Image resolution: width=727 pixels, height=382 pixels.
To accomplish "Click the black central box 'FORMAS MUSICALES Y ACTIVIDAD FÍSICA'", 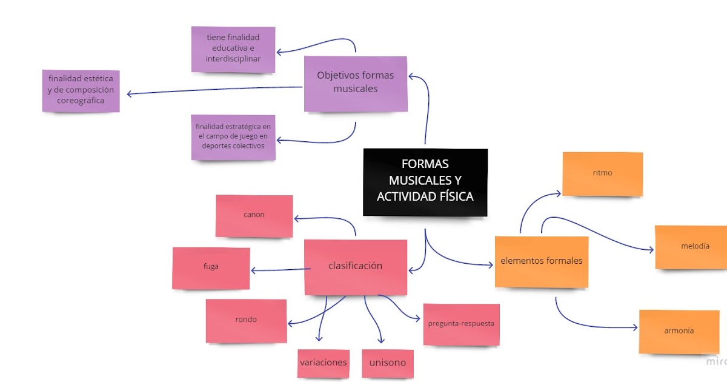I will pyautogui.click(x=425, y=182).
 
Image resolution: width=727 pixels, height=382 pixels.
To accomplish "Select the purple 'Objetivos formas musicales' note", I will pyautogui.click(x=355, y=84).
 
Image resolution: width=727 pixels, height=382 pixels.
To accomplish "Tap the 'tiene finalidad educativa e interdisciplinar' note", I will pyautogui.click(x=233, y=49).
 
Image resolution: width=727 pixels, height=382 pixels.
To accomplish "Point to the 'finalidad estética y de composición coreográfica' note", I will pyautogui.click(x=81, y=91).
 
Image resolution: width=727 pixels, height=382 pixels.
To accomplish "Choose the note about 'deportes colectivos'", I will pyautogui.click(x=233, y=137).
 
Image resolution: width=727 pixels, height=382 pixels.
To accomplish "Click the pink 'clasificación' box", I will pyautogui.click(x=356, y=266).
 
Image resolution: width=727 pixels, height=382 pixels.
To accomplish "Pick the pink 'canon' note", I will pyautogui.click(x=254, y=215).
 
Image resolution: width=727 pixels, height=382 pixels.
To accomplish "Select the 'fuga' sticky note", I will pyautogui.click(x=211, y=267).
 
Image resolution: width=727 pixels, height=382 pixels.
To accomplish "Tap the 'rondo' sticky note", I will pyautogui.click(x=246, y=320).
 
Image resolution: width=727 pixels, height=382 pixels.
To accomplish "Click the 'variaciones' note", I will pyautogui.click(x=324, y=363).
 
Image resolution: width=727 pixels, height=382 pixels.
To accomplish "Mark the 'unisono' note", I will pyautogui.click(x=388, y=363).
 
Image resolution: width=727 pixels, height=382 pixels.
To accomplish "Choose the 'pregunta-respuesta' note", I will pyautogui.click(x=461, y=324).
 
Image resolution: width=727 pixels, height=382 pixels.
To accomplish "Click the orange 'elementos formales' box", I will pyautogui.click(x=541, y=261).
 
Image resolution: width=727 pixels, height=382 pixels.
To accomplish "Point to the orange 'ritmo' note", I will pyautogui.click(x=602, y=173).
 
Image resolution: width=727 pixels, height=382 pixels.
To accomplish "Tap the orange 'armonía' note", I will pyautogui.click(x=679, y=331).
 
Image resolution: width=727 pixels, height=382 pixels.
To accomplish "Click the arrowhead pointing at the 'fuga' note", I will pyautogui.click(x=253, y=270).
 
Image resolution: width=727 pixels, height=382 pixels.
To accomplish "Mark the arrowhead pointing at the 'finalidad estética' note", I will pyautogui.click(x=130, y=93).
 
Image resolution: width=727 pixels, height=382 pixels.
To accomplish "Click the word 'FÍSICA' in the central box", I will pyautogui.click(x=454, y=196).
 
